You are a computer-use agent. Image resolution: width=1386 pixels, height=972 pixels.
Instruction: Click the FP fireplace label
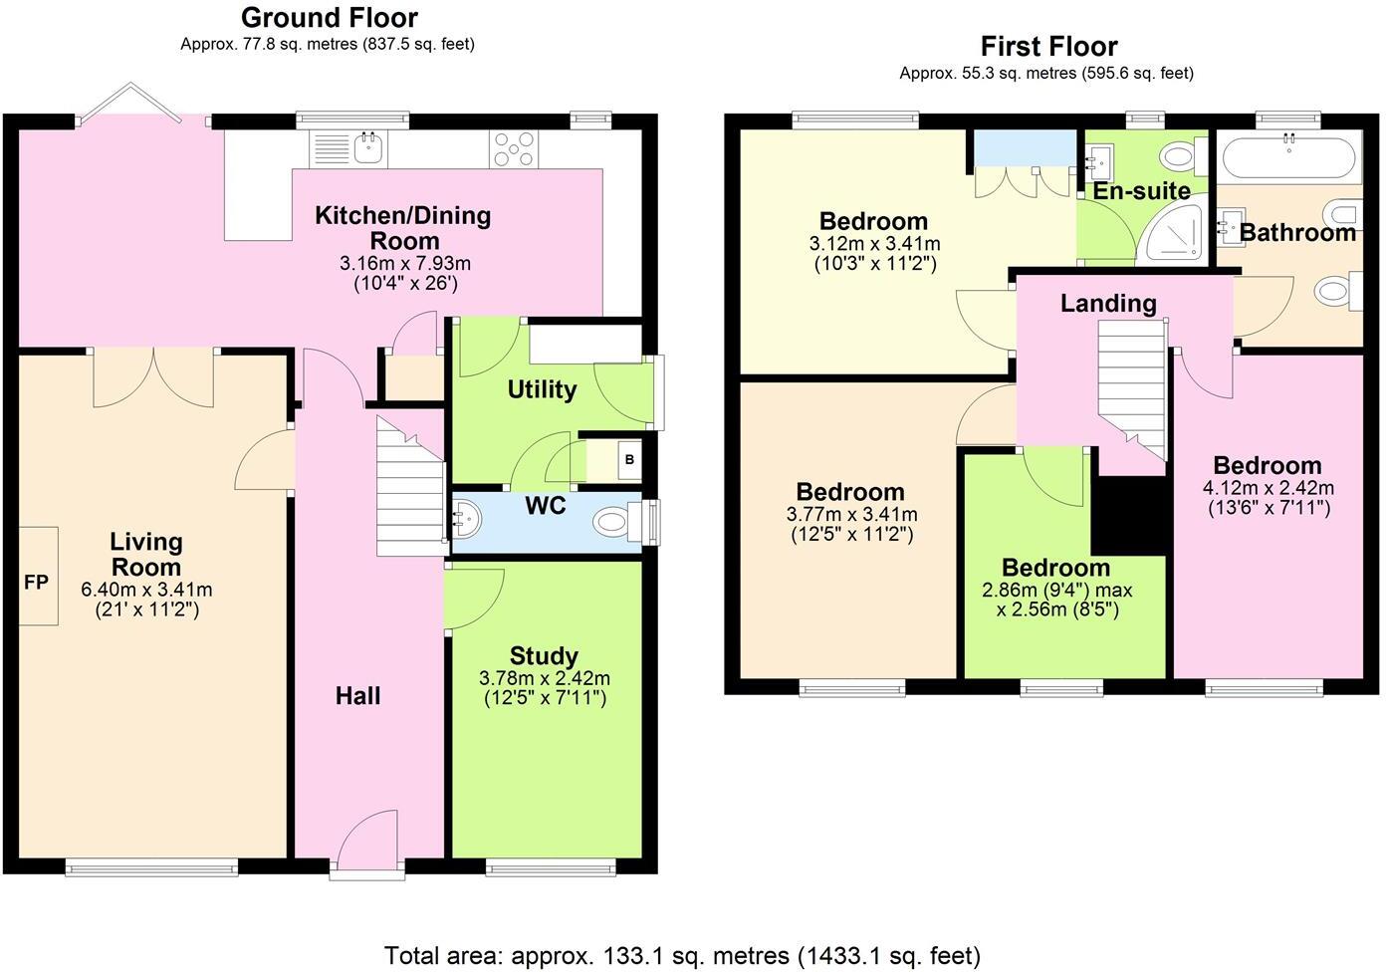tap(36, 583)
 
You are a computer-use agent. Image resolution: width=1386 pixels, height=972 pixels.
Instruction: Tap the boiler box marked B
tap(630, 460)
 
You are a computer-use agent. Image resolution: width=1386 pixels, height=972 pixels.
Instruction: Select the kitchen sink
tap(370, 148)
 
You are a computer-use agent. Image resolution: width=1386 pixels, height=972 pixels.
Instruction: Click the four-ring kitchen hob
tap(514, 148)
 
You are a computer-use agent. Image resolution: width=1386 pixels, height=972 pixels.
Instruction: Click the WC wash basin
tap(467, 519)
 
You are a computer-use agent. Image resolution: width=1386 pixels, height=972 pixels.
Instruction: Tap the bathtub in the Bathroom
tap(1288, 157)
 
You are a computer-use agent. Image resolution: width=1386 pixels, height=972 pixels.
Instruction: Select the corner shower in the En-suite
tap(1174, 230)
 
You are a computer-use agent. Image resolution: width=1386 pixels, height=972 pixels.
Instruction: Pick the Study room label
tap(544, 656)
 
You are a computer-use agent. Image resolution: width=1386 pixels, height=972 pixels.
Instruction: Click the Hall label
tap(357, 696)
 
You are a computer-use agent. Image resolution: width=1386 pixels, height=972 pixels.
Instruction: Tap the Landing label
tap(1108, 304)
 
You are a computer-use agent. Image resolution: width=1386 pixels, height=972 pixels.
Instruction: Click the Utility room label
tap(542, 389)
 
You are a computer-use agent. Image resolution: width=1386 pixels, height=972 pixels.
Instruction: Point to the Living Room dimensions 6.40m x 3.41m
tap(146, 590)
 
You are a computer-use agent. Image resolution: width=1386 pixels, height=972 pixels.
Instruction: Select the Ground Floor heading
tap(330, 18)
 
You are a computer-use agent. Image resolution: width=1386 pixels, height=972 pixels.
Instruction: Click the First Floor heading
tap(1049, 47)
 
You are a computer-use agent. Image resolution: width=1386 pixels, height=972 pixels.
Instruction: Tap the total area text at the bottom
tap(682, 956)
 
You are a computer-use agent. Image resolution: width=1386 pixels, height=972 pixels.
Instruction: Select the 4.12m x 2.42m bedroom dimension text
tap(1269, 488)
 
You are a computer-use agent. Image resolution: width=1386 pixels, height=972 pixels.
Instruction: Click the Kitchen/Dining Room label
tap(403, 228)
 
